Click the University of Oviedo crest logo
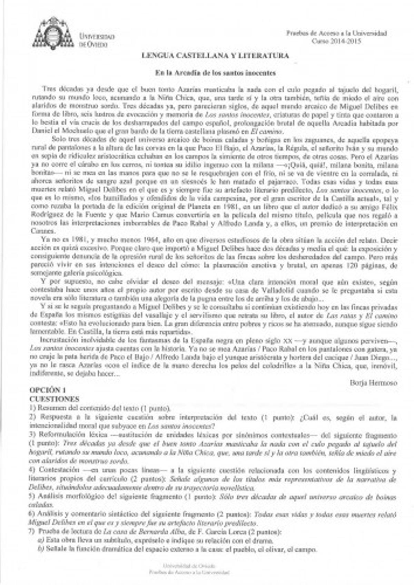(53, 33)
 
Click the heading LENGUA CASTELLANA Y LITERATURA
(215, 56)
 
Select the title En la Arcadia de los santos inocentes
(215, 73)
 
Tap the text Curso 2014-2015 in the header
(336, 41)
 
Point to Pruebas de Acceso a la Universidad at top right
(336, 33)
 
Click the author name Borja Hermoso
(373, 383)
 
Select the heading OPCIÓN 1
(48, 390)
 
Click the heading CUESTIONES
(55, 399)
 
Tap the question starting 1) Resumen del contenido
(100, 409)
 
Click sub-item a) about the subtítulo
(155, 540)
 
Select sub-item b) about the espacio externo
(177, 549)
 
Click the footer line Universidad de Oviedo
(189, 566)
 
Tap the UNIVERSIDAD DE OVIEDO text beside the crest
(97, 40)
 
